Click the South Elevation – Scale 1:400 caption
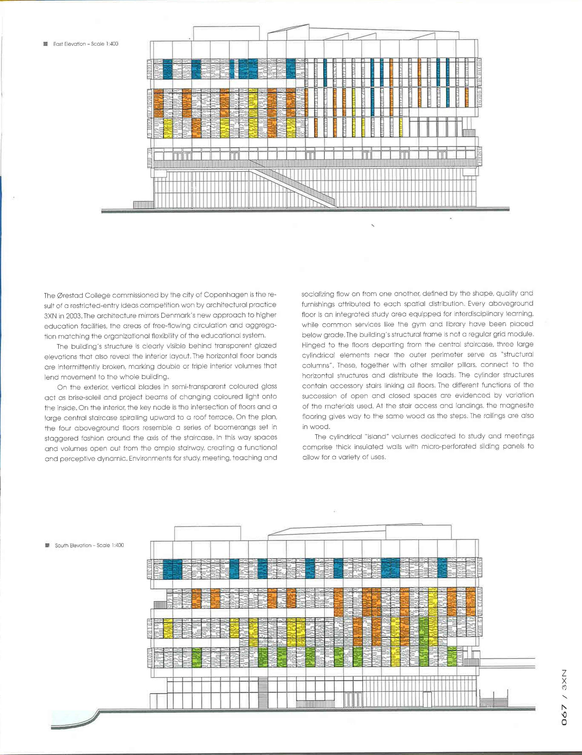[89, 545]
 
